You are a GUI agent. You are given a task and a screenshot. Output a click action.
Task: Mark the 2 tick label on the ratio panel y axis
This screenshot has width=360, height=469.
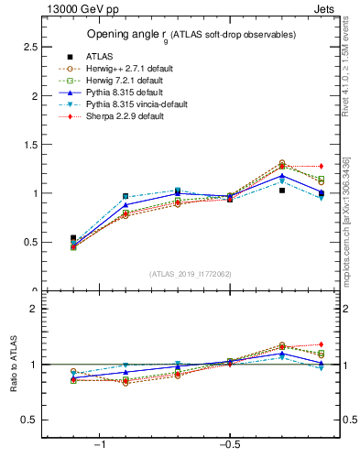pyautogui.click(x=33, y=309)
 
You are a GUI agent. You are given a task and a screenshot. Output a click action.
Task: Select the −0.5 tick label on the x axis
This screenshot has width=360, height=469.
pyautogui.click(x=228, y=444)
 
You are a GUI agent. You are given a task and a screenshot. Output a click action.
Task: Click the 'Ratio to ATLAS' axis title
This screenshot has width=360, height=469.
pyautogui.click(x=13, y=364)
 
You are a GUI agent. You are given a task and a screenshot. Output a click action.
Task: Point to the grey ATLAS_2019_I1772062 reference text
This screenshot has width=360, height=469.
pyautogui.click(x=191, y=274)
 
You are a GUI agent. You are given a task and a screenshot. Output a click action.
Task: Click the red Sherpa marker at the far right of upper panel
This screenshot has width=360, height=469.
pyautogui.click(x=321, y=166)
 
